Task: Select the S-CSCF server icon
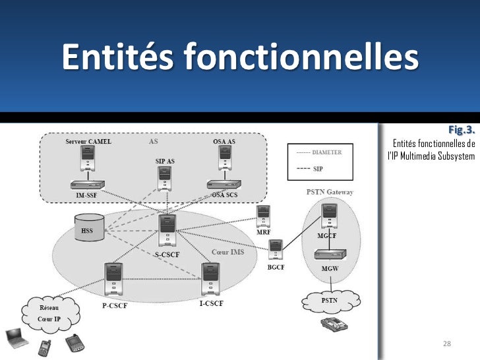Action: (x=167, y=230)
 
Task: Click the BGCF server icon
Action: (x=276, y=251)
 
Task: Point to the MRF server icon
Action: (x=263, y=216)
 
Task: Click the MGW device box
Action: (x=330, y=255)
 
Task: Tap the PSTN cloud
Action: (x=330, y=301)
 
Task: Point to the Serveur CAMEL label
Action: (x=88, y=141)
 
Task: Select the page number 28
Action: (x=446, y=345)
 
